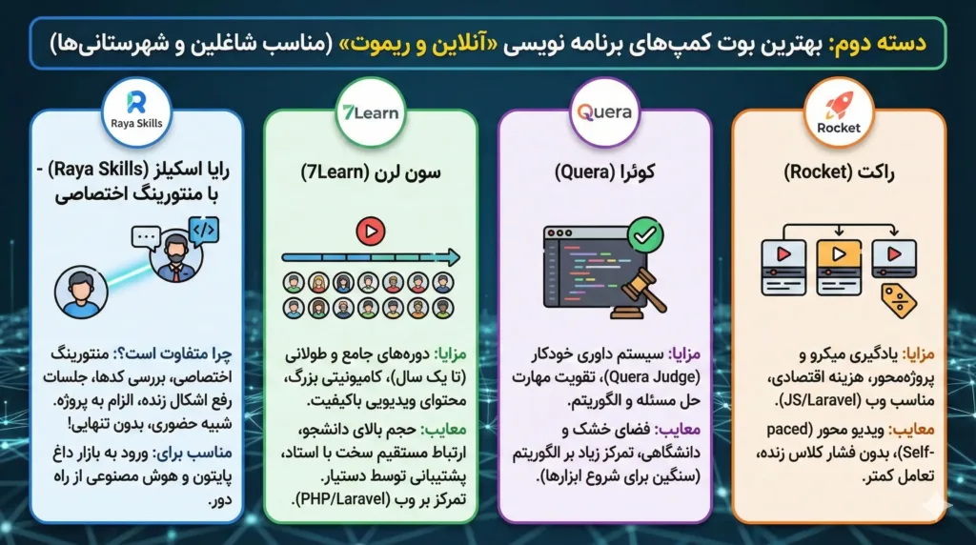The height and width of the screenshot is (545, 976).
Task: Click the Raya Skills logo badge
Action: tap(135, 108)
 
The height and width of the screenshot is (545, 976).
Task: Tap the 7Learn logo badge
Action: tap(371, 111)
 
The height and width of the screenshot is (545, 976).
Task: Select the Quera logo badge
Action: tap(604, 112)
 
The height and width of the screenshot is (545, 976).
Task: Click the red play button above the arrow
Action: tap(370, 231)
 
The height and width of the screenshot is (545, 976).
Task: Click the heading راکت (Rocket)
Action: tap(839, 174)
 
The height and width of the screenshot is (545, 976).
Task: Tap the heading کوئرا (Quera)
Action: tap(604, 174)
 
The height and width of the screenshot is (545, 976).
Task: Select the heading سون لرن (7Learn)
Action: tap(370, 174)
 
